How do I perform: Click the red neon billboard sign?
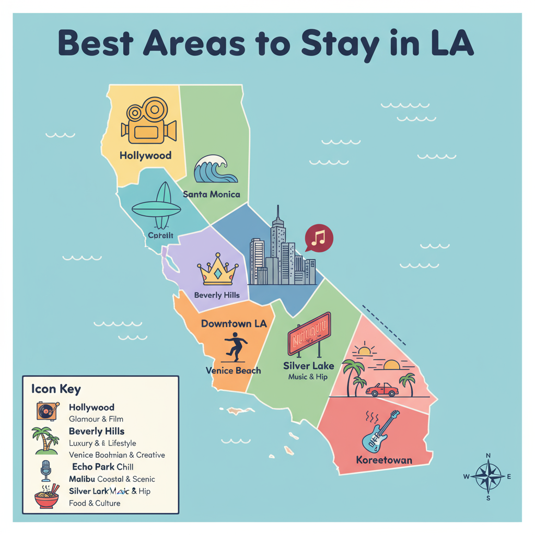coord(310,334)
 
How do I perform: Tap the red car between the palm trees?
coord(382,389)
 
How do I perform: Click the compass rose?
coord(488,476)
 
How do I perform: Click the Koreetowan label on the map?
coord(383,460)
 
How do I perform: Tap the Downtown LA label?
coord(234,324)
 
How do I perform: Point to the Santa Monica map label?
coord(212,194)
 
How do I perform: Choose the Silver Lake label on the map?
coord(308,365)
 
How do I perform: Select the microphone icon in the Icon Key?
coord(46,471)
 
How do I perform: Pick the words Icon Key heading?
coord(56,389)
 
